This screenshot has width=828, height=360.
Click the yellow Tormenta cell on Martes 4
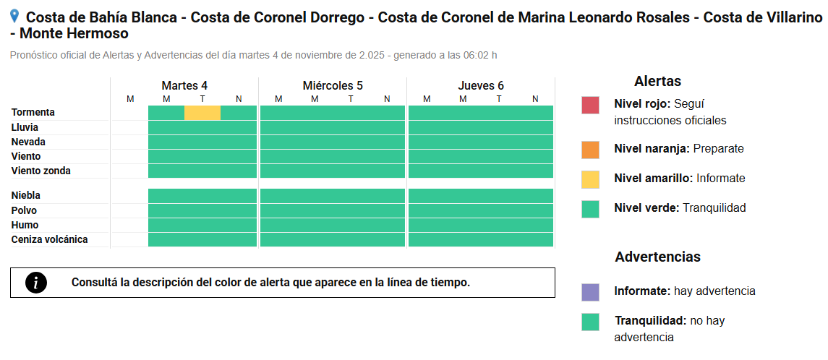tap(202, 113)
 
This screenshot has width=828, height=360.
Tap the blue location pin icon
tap(14, 17)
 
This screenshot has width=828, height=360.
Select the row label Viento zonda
tap(40, 171)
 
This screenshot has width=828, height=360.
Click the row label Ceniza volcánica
tap(50, 240)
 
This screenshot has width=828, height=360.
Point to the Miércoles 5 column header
tap(333, 85)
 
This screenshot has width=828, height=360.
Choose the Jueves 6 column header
tap(481, 85)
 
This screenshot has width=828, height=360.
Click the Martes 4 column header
tap(184, 85)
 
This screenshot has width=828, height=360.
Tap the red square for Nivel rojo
tap(590, 106)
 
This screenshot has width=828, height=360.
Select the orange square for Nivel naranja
tap(590, 150)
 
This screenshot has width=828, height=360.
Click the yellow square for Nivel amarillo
tap(590, 179)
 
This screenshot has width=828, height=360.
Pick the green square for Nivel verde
tap(590, 209)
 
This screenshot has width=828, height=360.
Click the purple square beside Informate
tap(590, 292)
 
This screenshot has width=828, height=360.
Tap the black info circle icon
tap(36, 283)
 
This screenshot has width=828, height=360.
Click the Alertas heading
tap(657, 81)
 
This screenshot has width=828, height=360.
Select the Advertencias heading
tap(657, 257)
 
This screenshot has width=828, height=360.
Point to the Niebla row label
tap(26, 196)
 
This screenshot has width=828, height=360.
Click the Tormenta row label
tap(33, 113)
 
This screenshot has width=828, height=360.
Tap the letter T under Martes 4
tap(202, 99)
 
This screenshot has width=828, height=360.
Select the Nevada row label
tap(28, 142)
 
